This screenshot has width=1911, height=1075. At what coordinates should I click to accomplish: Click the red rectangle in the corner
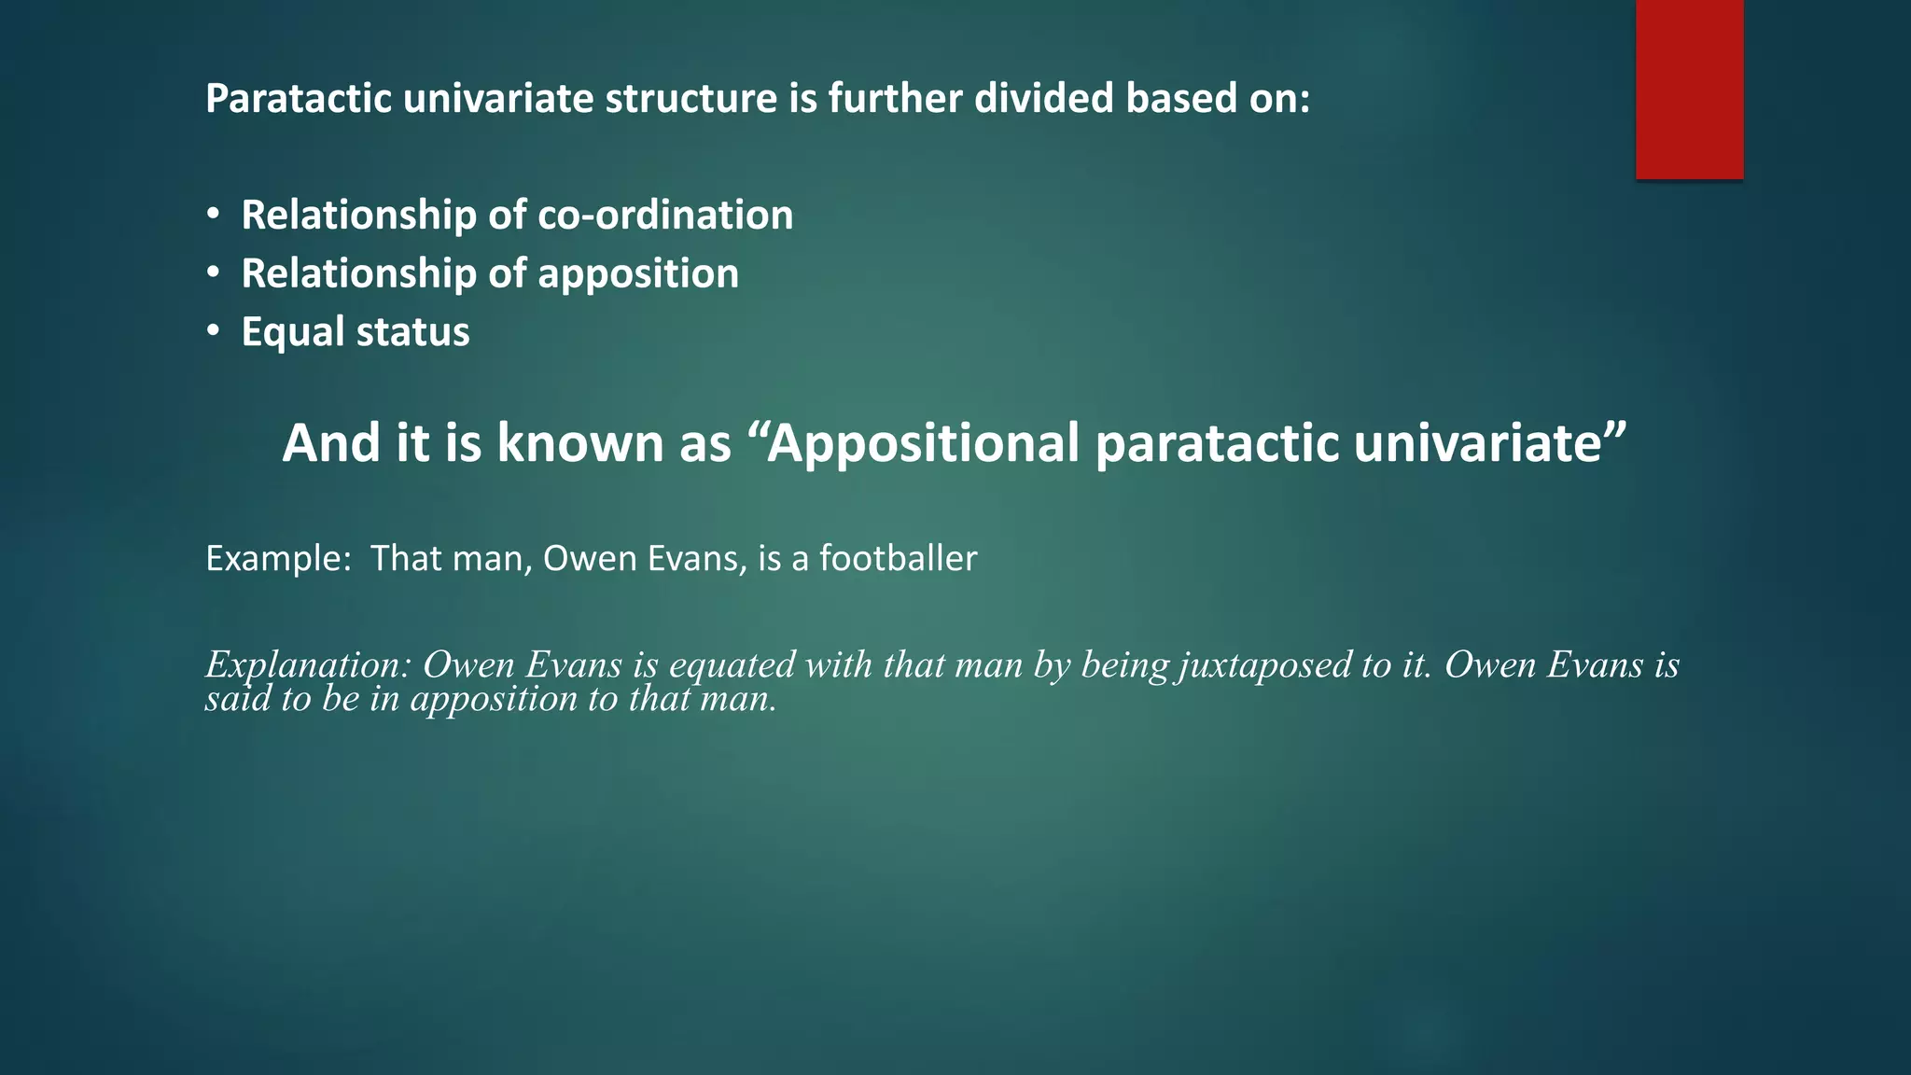click(x=1689, y=89)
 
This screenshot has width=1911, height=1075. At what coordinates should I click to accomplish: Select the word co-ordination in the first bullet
click(x=665, y=215)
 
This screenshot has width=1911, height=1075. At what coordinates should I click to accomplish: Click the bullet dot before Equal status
click(x=214, y=331)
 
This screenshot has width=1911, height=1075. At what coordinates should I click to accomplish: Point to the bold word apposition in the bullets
click(x=638, y=274)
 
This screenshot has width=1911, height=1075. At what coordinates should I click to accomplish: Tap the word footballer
click(x=898, y=558)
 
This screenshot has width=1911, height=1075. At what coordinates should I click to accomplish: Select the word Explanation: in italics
click(x=308, y=665)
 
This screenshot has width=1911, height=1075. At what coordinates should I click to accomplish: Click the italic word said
click(x=230, y=699)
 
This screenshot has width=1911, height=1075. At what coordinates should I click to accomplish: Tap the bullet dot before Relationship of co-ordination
click(x=214, y=215)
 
